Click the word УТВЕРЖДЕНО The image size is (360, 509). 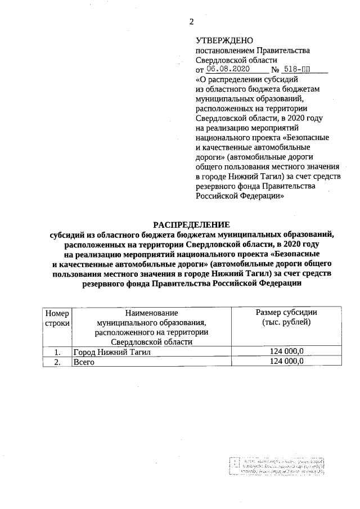tap(224, 41)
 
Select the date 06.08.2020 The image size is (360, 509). tap(228, 70)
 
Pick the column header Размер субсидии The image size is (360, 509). tap(286, 313)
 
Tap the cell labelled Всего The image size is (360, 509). tap(83, 362)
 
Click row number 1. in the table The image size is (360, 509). tap(57, 352)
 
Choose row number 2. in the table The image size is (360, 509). tap(57, 362)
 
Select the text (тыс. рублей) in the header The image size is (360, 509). tap(286, 322)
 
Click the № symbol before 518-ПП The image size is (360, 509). tap(276, 70)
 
